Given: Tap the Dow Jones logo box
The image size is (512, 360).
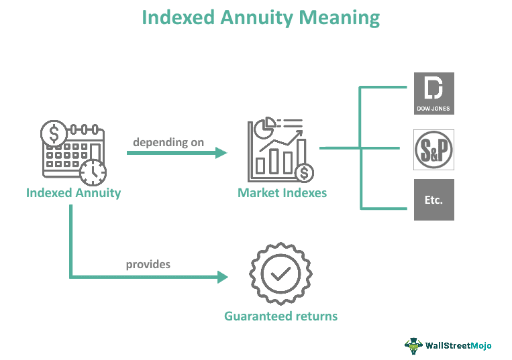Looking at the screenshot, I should click(x=433, y=93).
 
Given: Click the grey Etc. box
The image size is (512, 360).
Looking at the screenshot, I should click(x=433, y=200).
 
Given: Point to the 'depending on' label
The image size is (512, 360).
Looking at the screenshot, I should click(x=168, y=142).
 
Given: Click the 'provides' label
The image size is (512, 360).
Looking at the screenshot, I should click(x=148, y=264).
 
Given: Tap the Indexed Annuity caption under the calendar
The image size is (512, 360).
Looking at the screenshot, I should click(x=73, y=193).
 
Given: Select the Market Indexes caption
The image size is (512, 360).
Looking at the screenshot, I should click(x=282, y=193).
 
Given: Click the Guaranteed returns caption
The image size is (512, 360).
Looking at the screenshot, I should click(x=280, y=316).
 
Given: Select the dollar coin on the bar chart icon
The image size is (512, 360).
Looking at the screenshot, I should click(x=305, y=173).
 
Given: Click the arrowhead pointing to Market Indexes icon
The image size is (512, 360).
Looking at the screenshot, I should click(x=221, y=153).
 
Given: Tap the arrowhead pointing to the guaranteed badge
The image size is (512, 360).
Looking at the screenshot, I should click(x=221, y=276).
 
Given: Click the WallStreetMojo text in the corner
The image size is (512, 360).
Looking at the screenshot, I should click(x=458, y=346).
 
